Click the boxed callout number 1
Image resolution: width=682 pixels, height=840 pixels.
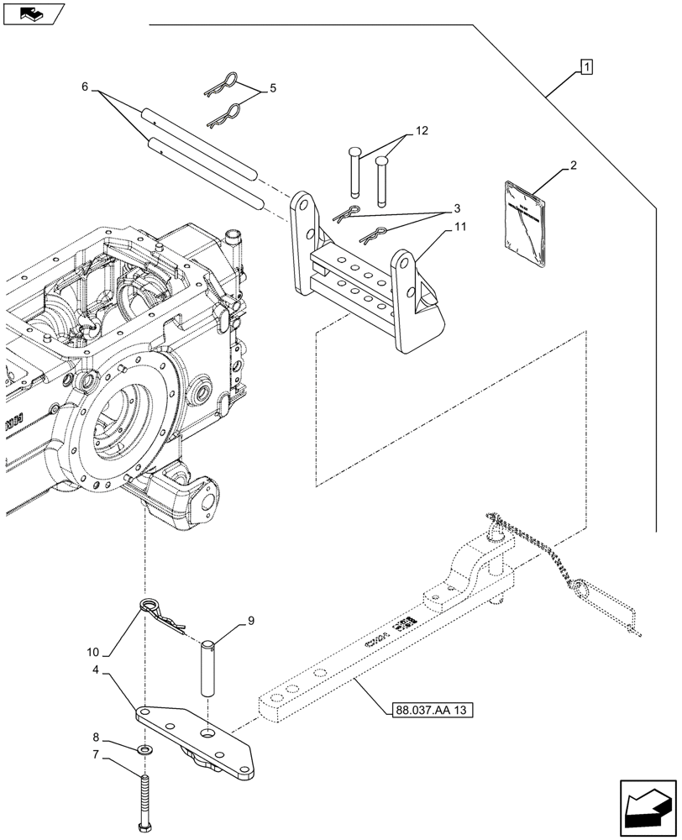tap(585, 66)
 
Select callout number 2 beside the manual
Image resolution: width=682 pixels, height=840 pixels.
tap(572, 166)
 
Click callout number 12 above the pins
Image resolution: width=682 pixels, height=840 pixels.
tap(420, 131)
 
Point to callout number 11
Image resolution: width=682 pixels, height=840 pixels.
tap(461, 228)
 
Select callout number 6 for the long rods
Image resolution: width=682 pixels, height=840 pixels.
tap(86, 87)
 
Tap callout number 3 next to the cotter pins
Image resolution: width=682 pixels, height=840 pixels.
tap(457, 207)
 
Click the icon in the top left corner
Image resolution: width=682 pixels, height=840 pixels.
tap(33, 13)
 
